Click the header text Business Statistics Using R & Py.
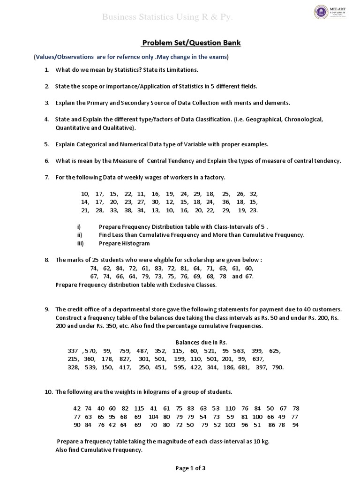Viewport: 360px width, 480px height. click(168, 18)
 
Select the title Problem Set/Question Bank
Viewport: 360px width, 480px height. click(191, 43)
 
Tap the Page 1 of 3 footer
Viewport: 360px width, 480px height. click(190, 468)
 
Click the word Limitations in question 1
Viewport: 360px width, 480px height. click(181, 70)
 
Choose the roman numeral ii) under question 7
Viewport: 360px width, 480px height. click(80, 235)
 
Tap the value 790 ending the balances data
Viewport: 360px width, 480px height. click(277, 367)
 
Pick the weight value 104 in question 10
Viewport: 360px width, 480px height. click(153, 417)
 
